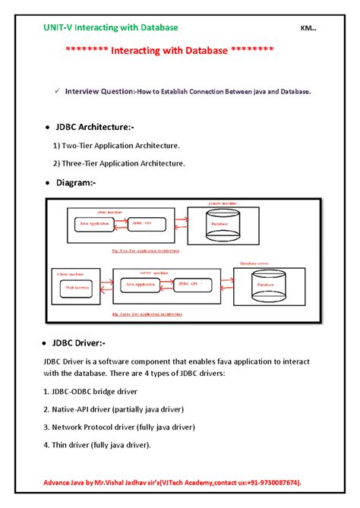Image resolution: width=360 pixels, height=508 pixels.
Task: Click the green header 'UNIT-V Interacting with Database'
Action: pyautogui.click(x=110, y=27)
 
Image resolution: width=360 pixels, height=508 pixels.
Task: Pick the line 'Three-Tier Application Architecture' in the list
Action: pyautogui.click(x=119, y=162)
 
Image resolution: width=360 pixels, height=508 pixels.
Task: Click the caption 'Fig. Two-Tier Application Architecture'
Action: pyautogui.click(x=145, y=249)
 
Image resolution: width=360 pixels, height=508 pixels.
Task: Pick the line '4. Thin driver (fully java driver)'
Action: pyautogui.click(x=97, y=445)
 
